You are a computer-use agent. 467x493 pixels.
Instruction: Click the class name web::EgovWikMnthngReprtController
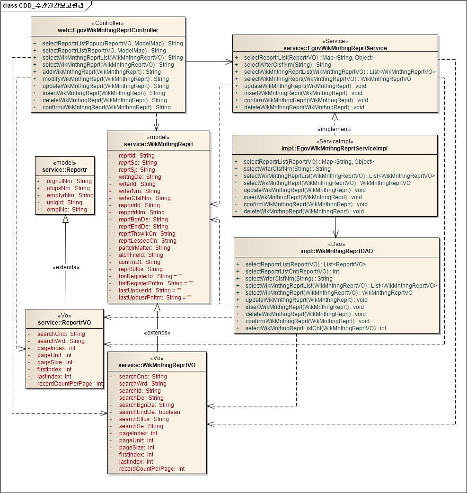[x=108, y=30]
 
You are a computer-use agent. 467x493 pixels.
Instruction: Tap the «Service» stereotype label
[x=335, y=41]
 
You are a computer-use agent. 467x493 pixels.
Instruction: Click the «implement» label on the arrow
[x=335, y=129]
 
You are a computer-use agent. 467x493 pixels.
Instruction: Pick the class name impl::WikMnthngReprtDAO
[x=337, y=251]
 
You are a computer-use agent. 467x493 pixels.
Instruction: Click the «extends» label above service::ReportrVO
[x=66, y=267]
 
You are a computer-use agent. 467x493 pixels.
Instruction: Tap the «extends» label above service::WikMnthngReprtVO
[x=157, y=333]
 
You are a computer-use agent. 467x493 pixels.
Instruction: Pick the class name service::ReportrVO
[x=64, y=323]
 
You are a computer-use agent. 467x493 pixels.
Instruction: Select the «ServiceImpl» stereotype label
[x=335, y=141]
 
